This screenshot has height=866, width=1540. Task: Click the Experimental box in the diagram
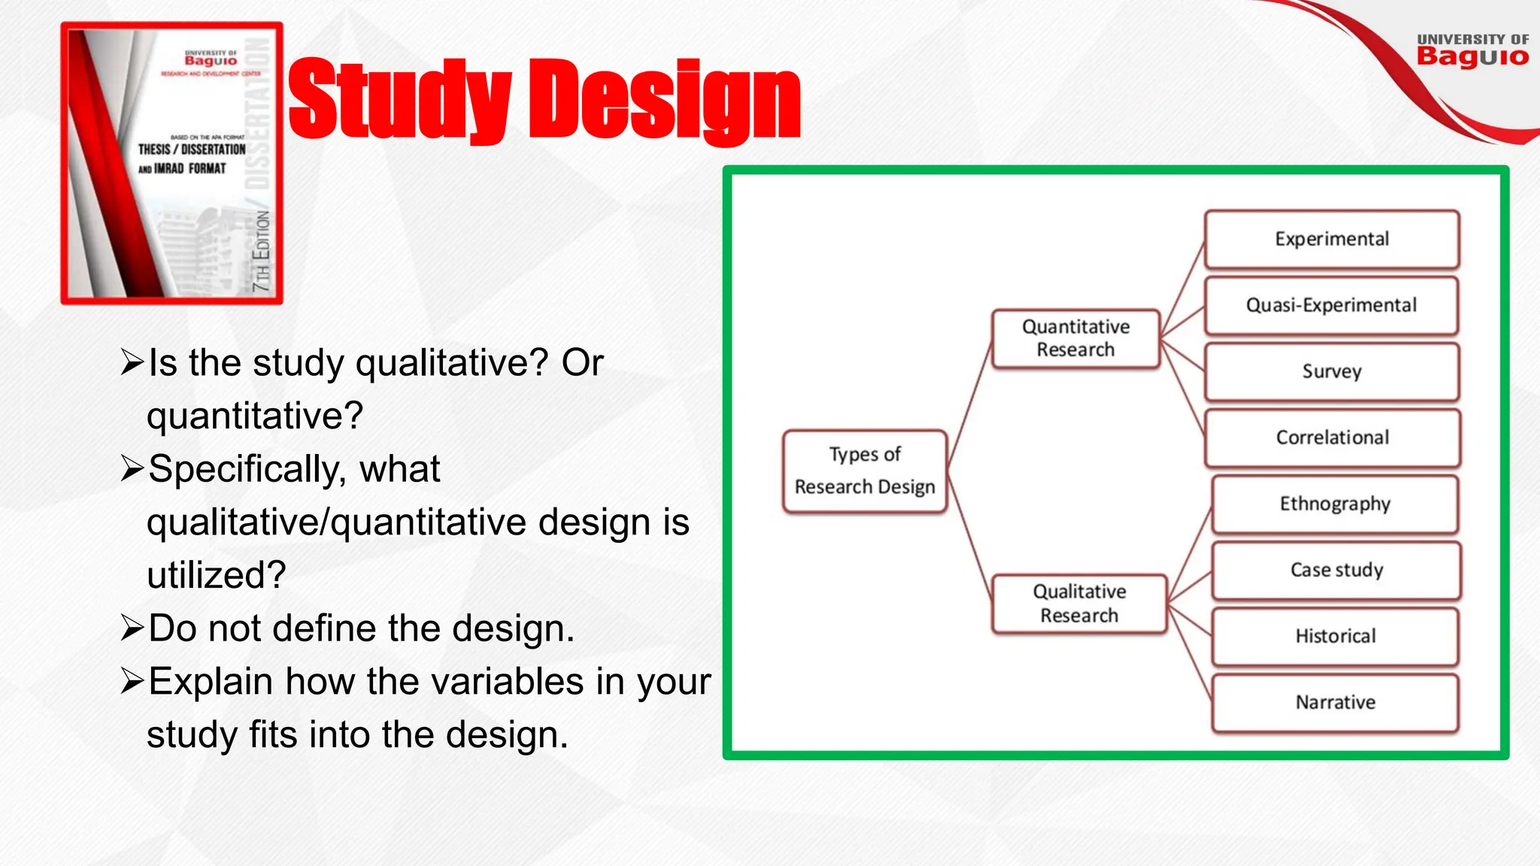[x=1332, y=239]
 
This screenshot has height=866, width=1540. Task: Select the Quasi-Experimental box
[x=1331, y=305]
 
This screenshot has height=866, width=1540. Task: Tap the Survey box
[x=1332, y=371]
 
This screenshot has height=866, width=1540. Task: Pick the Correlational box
[x=1332, y=438]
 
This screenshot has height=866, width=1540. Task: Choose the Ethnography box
[x=1335, y=504]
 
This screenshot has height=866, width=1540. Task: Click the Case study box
[x=1336, y=570]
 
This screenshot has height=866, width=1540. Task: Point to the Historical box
[x=1335, y=636]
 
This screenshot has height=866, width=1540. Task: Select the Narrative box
[x=1335, y=702]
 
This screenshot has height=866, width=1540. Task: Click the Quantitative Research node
[x=1075, y=338]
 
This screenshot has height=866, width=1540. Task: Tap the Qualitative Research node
[x=1079, y=604]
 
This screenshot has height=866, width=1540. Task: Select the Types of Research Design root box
[x=865, y=471]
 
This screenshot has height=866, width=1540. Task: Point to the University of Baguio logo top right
[x=1472, y=50]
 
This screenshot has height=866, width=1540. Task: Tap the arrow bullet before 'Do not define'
[x=132, y=628]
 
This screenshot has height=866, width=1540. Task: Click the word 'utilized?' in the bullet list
[x=217, y=575]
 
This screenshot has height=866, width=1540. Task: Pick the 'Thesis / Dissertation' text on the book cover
[x=192, y=150]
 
